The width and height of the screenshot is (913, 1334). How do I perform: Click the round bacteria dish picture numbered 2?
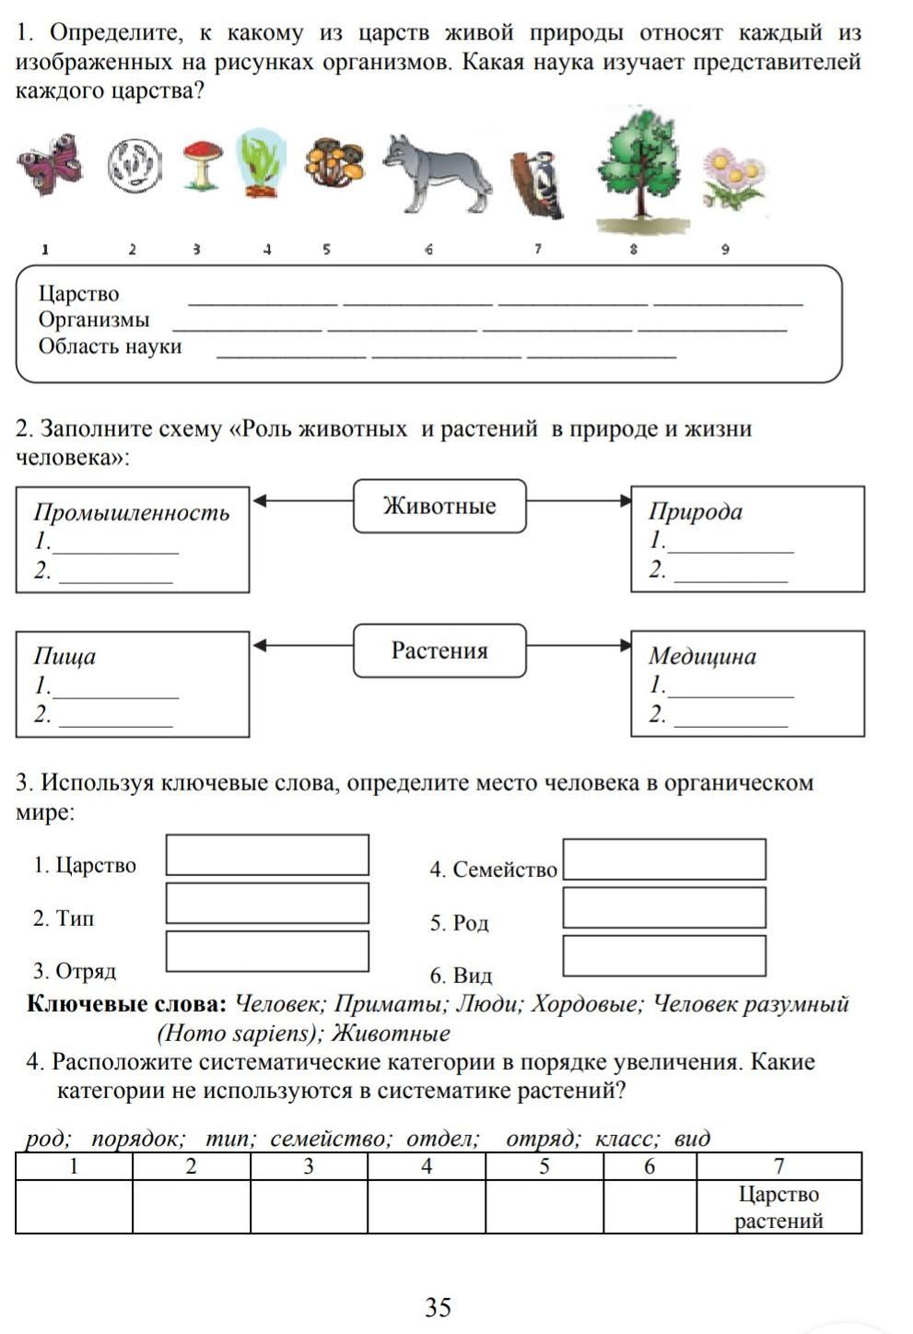point(135,166)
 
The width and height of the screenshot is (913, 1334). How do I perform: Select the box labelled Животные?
point(439,506)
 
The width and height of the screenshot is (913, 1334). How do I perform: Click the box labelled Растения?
point(439,650)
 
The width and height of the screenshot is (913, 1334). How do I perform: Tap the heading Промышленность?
point(132,512)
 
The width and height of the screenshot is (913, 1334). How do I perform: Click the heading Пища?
point(64,656)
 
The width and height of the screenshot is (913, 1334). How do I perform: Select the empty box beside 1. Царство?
point(267,855)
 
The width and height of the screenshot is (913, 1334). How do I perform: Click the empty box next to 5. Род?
point(663,907)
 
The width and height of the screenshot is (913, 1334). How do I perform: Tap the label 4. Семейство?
point(493,870)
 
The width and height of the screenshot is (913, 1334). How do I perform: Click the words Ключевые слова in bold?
point(126,1003)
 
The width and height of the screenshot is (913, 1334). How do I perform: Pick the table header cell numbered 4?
point(427,1166)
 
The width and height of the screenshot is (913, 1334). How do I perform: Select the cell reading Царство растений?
point(778,1207)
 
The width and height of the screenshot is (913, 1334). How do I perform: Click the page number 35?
point(439,1306)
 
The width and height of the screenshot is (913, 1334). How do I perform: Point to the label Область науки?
point(110,346)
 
